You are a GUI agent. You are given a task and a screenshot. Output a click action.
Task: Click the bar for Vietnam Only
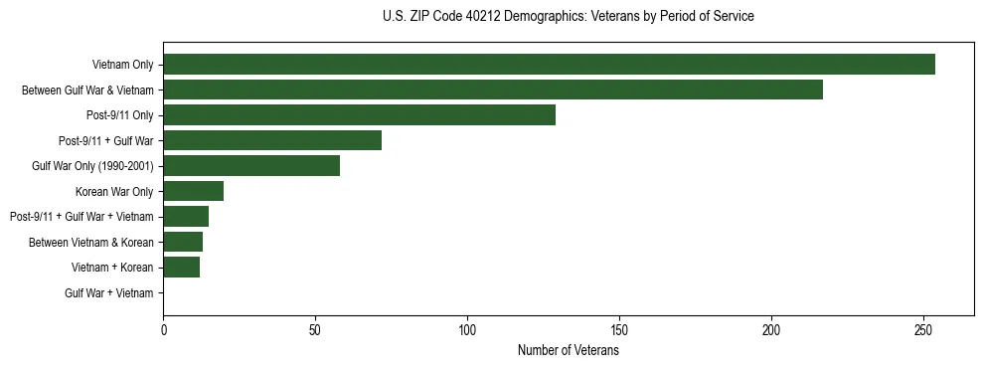[x=549, y=65]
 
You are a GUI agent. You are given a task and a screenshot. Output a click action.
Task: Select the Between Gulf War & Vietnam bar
[x=493, y=90]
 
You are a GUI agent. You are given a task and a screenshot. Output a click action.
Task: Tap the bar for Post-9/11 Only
[x=359, y=115]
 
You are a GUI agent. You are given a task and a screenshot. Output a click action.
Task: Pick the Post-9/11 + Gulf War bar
[x=272, y=140]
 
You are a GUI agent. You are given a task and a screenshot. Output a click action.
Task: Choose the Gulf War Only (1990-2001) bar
[x=251, y=166]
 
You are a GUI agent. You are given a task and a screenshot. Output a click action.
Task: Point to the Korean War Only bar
[x=194, y=191]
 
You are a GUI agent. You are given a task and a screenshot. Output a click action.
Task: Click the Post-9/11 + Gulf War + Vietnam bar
[x=186, y=217]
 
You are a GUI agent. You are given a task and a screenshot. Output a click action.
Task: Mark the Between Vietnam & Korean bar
[x=183, y=242]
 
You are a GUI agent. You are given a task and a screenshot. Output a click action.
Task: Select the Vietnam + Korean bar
[x=182, y=268]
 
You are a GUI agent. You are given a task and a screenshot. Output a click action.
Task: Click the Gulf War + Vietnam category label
[x=109, y=293]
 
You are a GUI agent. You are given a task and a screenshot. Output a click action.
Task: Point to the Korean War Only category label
[x=114, y=192]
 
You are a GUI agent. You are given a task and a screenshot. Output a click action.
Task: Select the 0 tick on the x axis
[x=164, y=331]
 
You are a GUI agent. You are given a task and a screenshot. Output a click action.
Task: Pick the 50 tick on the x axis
[x=315, y=331]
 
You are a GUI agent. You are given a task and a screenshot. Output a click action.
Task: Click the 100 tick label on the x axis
[x=467, y=331]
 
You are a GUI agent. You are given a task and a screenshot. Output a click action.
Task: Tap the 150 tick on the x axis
[x=619, y=331]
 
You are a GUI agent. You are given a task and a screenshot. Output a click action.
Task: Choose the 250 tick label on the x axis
[x=923, y=331]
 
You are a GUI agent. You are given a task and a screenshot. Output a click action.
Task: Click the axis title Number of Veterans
[x=569, y=351]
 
